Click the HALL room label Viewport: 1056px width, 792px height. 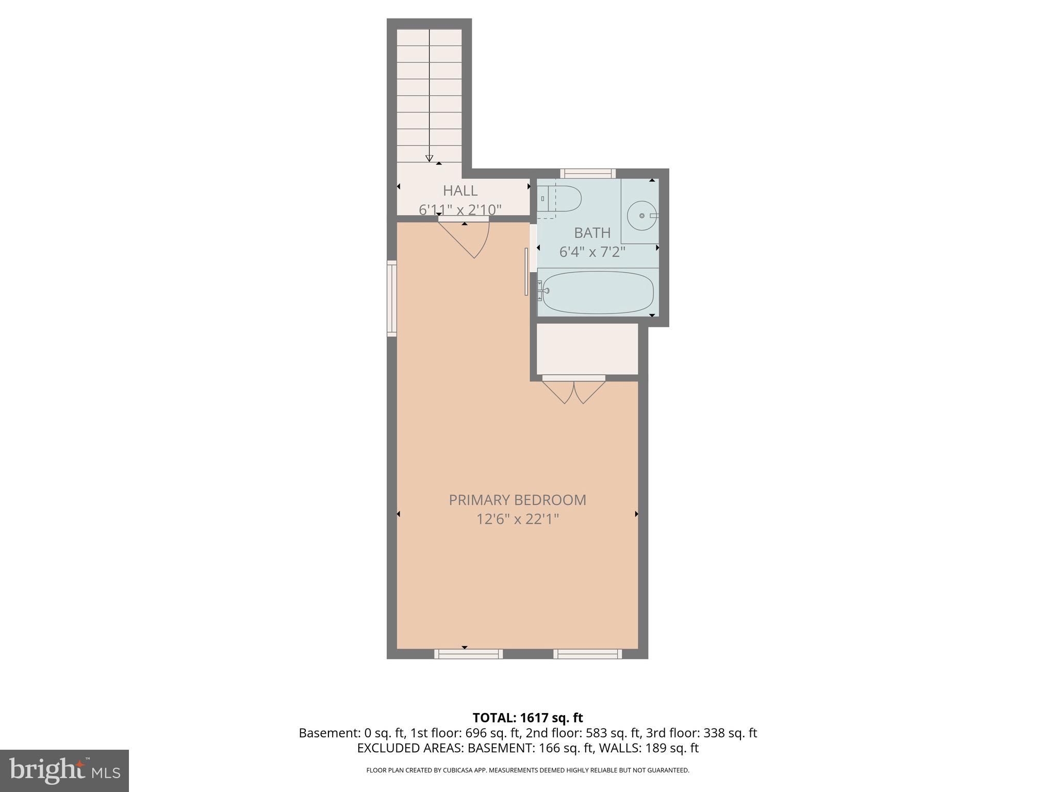click(x=460, y=191)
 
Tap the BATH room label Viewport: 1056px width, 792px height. click(x=592, y=233)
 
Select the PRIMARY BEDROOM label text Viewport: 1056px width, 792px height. click(x=517, y=500)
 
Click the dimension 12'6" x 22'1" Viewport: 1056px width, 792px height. click(x=517, y=519)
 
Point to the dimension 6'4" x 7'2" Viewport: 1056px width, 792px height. click(x=592, y=252)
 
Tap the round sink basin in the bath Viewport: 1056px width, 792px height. click(x=641, y=216)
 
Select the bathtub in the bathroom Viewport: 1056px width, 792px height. click(x=597, y=292)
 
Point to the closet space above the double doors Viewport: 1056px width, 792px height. click(x=587, y=349)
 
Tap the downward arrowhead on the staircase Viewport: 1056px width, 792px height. click(x=429, y=158)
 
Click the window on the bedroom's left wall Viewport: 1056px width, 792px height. click(x=392, y=299)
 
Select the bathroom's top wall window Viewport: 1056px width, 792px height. click(x=588, y=174)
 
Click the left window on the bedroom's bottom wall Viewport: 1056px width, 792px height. click(x=468, y=654)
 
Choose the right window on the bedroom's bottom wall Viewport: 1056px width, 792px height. click(x=587, y=654)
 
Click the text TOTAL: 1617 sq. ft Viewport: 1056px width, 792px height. click(x=527, y=718)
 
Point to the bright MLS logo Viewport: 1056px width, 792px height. click(x=64, y=770)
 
